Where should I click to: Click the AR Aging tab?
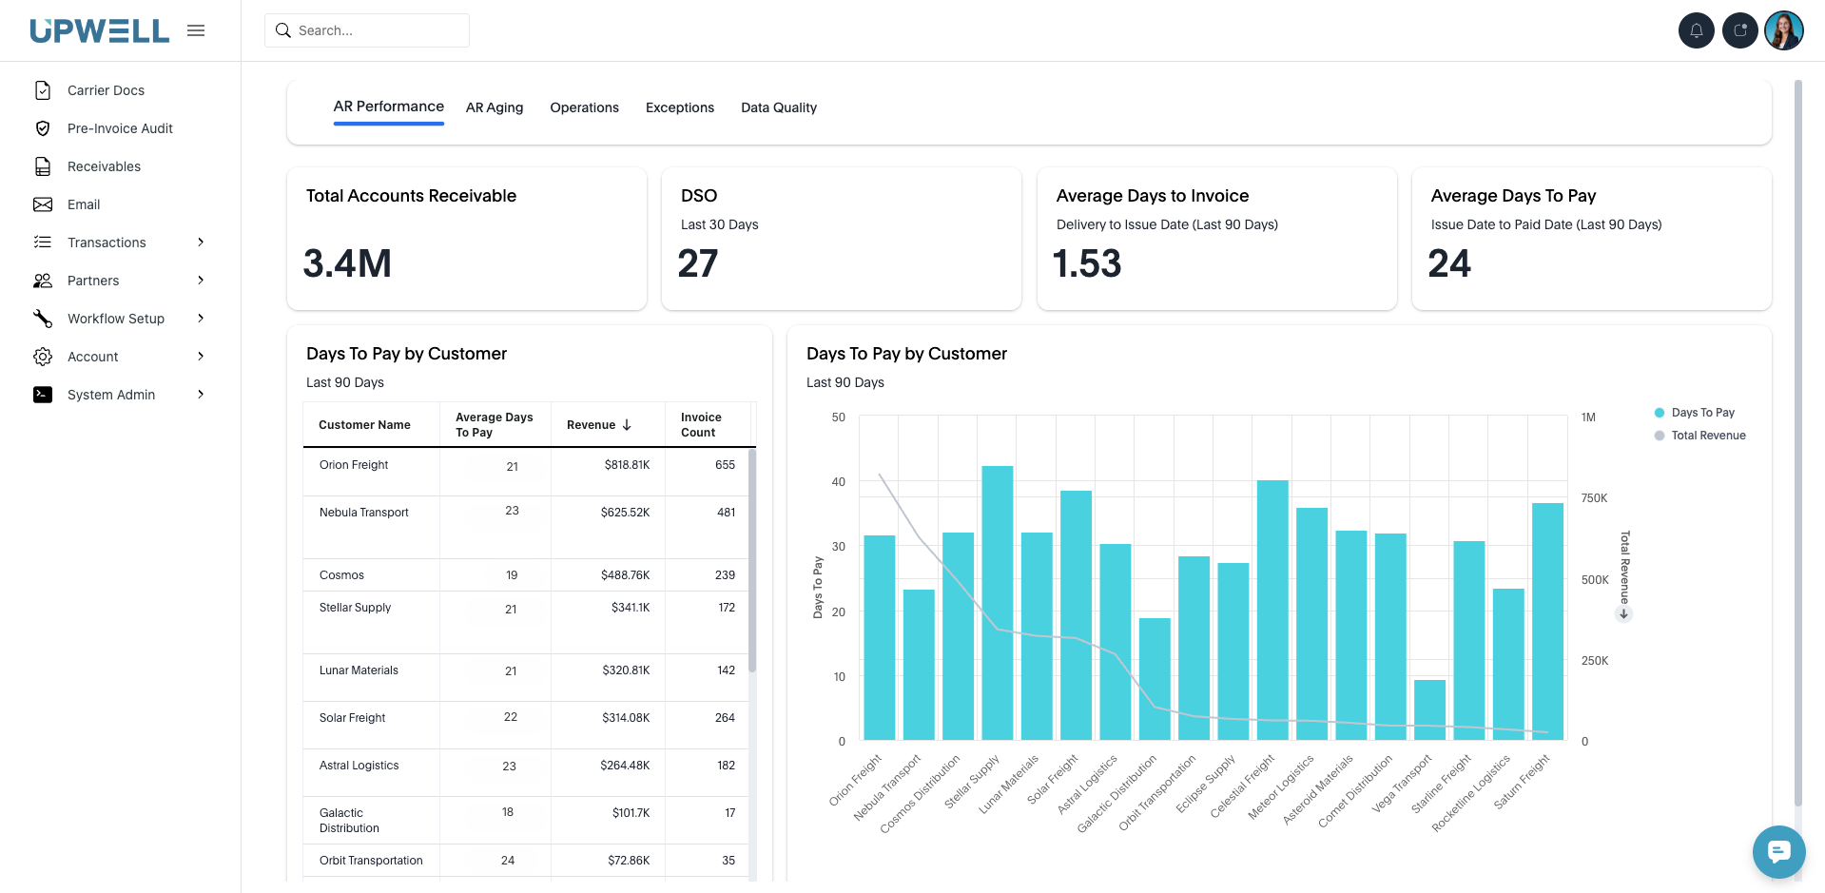494,107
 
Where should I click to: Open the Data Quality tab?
778,107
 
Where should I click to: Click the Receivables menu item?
104,166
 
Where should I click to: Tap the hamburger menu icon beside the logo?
196,30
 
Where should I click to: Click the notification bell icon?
1696,30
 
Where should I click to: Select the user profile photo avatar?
1783,30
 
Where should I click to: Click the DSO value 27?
697,263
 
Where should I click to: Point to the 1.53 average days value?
1087,263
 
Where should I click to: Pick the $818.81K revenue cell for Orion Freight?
627,465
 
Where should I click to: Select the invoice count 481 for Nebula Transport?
726,513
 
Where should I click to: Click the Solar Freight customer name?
352,718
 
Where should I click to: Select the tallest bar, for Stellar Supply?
997,603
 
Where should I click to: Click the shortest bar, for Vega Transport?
1429,709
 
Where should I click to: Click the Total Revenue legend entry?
1707,436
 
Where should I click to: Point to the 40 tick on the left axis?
838,482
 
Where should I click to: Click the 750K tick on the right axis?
1594,498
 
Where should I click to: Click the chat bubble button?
1778,851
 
